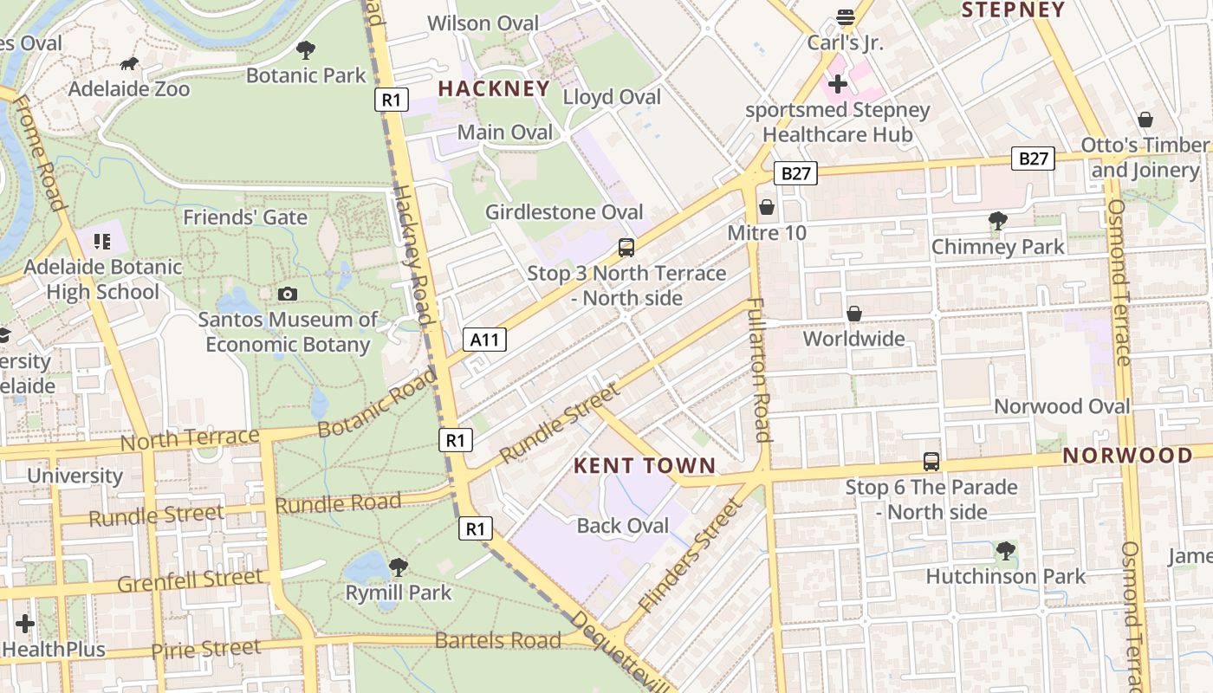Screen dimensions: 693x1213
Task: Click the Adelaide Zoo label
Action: [128, 88]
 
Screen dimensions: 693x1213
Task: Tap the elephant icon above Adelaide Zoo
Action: [129, 63]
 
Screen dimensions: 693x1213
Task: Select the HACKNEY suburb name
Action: [494, 88]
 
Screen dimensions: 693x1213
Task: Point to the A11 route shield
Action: [484, 340]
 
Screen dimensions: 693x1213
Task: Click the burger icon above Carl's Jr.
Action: [845, 17]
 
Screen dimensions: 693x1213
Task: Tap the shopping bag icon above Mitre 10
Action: [767, 208]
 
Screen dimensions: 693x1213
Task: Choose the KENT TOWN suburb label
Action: [645, 466]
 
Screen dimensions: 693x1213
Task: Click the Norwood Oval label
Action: [1061, 406]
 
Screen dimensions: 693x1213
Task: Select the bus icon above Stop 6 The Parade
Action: [931, 462]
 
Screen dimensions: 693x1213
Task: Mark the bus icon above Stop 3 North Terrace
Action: [626, 248]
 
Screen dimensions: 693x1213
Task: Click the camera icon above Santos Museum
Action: [288, 295]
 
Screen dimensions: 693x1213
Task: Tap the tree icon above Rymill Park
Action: [399, 567]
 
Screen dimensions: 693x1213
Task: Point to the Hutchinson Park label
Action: [1005, 576]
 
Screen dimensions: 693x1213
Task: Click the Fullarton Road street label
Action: [759, 370]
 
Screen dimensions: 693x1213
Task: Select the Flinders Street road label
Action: [690, 556]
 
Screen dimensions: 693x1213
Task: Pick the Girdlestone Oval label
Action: [564, 212]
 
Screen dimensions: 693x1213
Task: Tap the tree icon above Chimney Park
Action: [998, 222]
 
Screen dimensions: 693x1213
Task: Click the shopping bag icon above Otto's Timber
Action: [1145, 120]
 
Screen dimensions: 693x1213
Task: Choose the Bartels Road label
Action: [497, 640]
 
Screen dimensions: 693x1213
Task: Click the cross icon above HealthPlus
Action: [25, 624]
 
